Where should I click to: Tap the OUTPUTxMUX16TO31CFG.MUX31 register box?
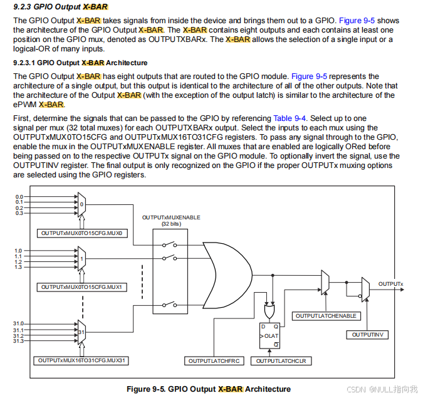click(83, 360)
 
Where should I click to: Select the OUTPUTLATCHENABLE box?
click(326, 316)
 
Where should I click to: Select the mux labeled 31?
click(81, 332)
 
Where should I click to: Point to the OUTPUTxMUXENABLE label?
click(171, 217)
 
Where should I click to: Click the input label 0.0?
click(19, 197)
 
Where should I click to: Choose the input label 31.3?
click(19, 341)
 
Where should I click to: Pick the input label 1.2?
click(19, 261)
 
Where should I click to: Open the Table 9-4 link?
click(291, 118)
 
